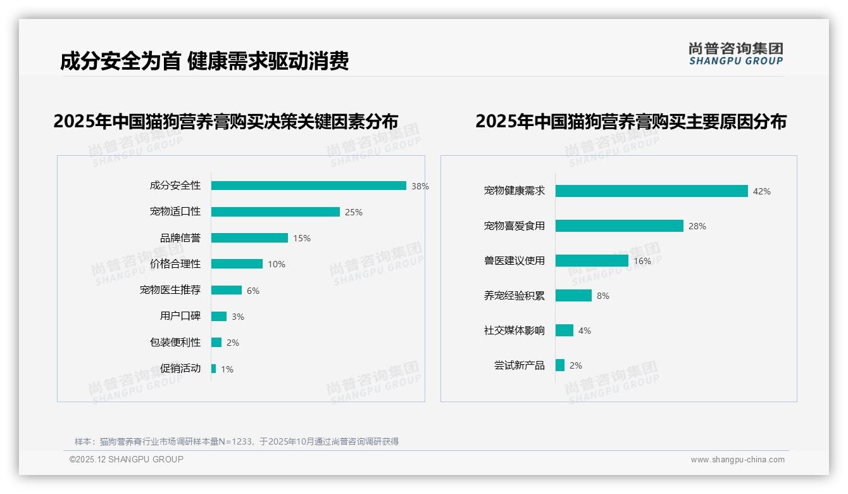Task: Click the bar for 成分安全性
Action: [308, 186]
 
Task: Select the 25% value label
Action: [354, 212]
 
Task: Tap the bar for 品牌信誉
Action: [249, 238]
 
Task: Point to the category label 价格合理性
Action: [175, 264]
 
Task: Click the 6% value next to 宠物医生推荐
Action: [253, 291]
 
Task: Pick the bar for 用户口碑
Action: [219, 317]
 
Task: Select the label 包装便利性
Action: [175, 343]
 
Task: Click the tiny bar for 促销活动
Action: [214, 369]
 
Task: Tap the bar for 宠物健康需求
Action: [651, 191]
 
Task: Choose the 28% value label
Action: [697, 226]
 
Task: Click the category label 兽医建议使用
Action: [514, 261]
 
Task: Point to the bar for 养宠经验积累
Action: [573, 296]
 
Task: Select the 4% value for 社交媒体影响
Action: [585, 331]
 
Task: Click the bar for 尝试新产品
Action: [560, 365]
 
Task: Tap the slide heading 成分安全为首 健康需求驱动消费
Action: [204, 61]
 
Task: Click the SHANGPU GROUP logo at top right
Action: [736, 54]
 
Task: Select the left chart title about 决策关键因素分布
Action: [226, 121]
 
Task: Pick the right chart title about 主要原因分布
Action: [630, 121]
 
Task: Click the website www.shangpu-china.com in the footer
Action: [737, 460]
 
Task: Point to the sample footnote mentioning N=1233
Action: [237, 441]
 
